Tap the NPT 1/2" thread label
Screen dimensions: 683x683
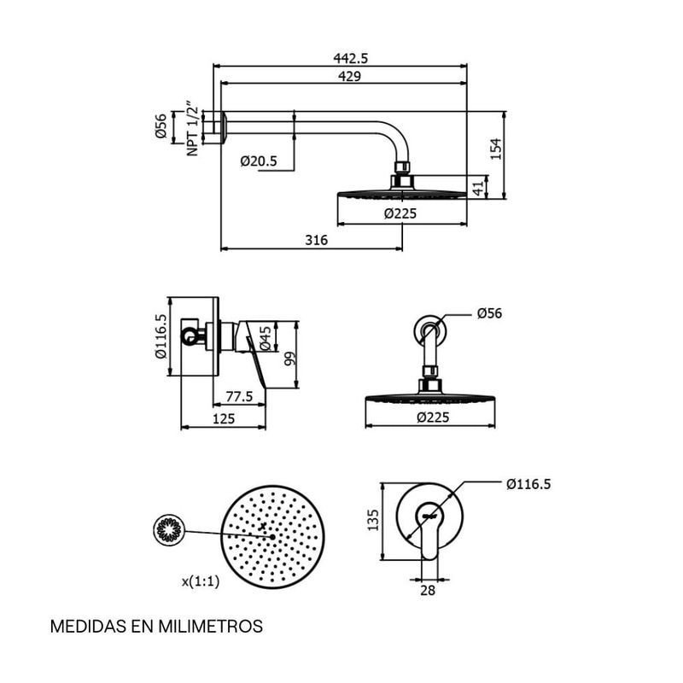click(x=193, y=130)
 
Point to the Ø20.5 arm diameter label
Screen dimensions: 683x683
click(x=257, y=161)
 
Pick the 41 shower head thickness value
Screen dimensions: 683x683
click(x=478, y=187)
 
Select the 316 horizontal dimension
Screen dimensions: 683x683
click(x=317, y=241)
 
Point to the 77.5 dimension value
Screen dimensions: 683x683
click(x=238, y=396)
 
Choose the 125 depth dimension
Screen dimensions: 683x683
click(x=223, y=418)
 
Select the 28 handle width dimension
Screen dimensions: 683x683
click(x=429, y=588)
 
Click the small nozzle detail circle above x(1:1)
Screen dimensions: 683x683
click(x=167, y=531)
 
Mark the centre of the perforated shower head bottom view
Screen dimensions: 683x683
click(x=272, y=536)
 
